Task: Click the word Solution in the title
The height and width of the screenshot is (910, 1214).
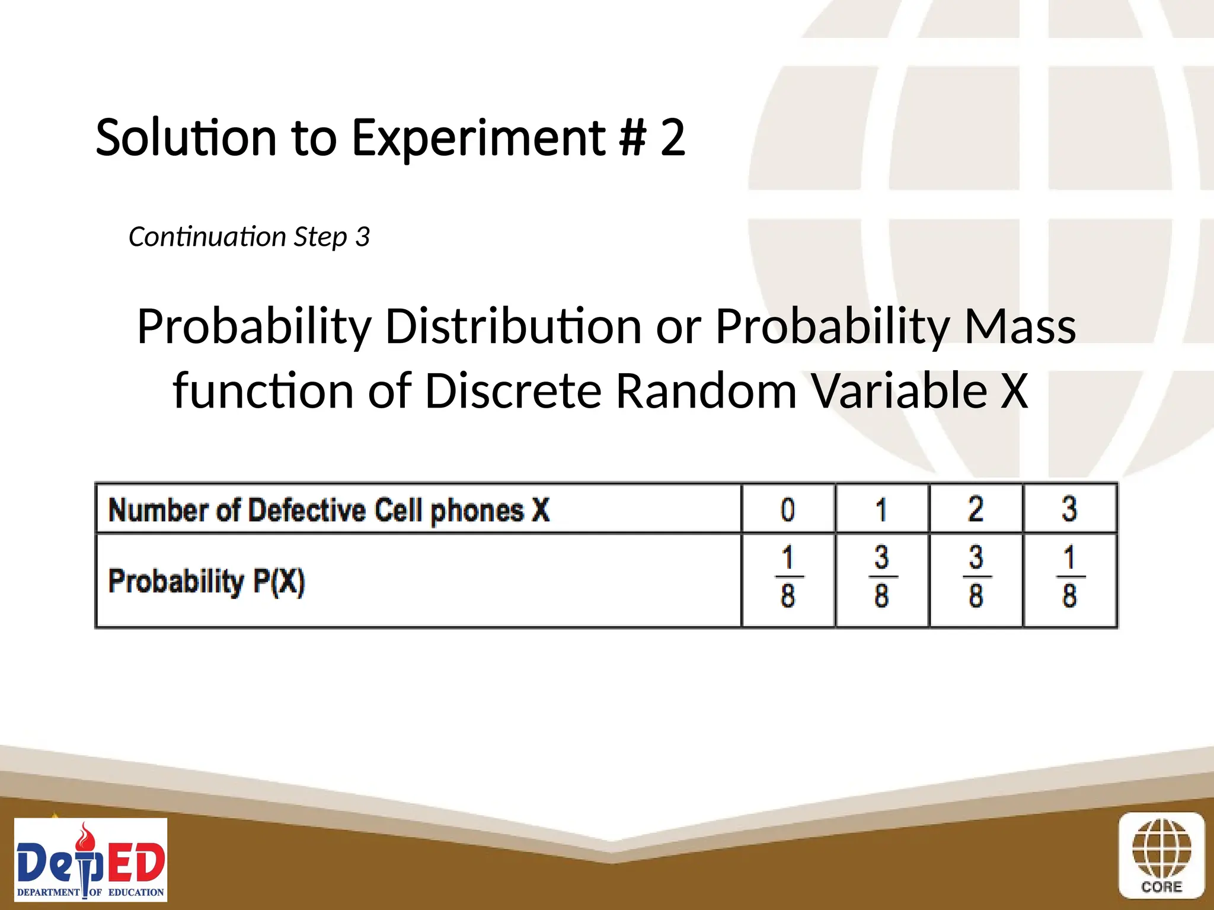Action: click(186, 137)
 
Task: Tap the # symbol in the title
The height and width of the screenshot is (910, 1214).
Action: click(632, 137)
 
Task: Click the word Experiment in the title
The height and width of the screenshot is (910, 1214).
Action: click(478, 137)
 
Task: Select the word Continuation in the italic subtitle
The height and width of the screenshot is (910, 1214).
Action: click(207, 237)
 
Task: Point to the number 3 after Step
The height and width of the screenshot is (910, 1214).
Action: click(363, 237)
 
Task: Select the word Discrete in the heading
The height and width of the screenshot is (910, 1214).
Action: click(513, 391)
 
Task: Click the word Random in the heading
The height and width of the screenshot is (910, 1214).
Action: click(706, 391)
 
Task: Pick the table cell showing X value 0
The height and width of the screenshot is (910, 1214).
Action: click(788, 510)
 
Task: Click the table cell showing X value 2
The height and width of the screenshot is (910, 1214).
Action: click(976, 510)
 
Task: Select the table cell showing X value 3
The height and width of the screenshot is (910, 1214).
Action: click(1069, 510)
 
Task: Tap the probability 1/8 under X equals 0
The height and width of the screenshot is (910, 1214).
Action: click(788, 577)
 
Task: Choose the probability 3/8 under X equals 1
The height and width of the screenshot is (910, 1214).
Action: click(882, 577)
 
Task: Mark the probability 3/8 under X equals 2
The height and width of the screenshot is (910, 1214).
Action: click(976, 577)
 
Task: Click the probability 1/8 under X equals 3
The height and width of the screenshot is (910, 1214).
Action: click(1069, 577)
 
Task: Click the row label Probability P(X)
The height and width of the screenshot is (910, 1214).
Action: click(206, 581)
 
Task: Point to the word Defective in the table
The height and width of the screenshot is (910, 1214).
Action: click(306, 510)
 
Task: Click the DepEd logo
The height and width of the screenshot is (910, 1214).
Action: click(91, 860)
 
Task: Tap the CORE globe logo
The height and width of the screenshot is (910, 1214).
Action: click(1161, 855)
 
